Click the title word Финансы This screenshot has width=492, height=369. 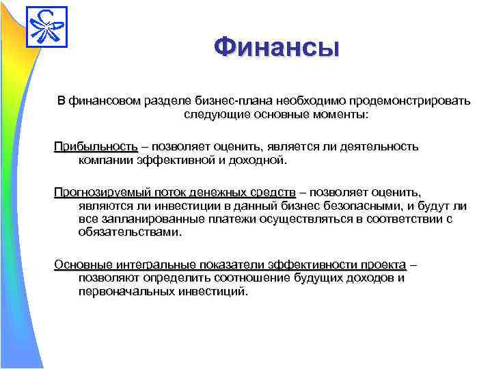pyautogui.click(x=275, y=48)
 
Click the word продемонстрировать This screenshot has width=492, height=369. pyautogui.click(x=409, y=101)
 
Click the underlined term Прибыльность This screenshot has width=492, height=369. pyautogui.click(x=96, y=146)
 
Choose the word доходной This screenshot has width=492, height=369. pyautogui.click(x=258, y=161)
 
